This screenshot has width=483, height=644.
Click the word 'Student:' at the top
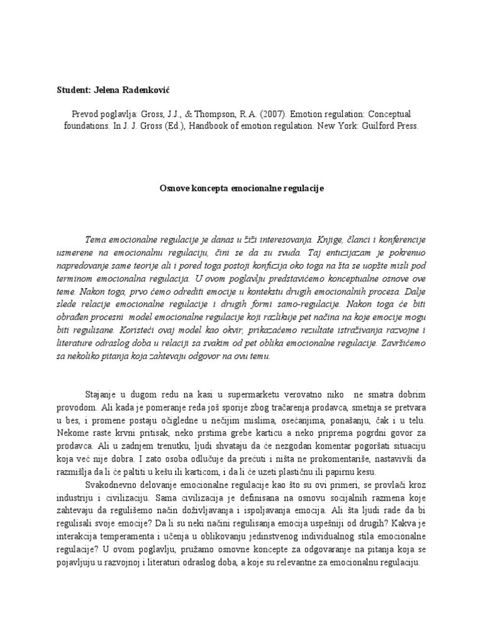click(x=73, y=90)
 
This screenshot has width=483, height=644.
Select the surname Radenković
click(x=149, y=90)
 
